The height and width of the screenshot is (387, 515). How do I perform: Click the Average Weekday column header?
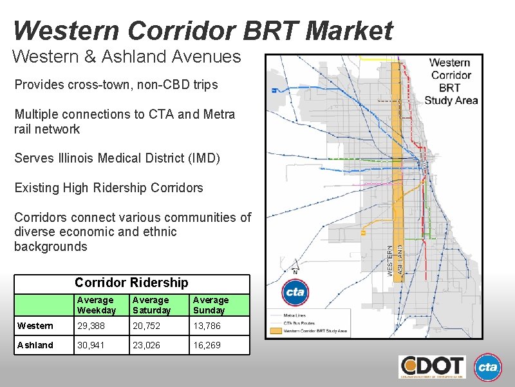[95, 304]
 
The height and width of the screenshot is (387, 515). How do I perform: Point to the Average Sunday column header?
[211, 304]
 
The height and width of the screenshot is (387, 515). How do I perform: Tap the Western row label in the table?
[35, 326]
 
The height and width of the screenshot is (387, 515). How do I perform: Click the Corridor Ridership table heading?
[131, 283]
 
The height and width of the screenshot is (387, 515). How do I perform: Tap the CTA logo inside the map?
[295, 293]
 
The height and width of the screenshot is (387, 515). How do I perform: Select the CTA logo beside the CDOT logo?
[487, 367]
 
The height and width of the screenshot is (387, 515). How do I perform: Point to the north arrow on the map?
[295, 266]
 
